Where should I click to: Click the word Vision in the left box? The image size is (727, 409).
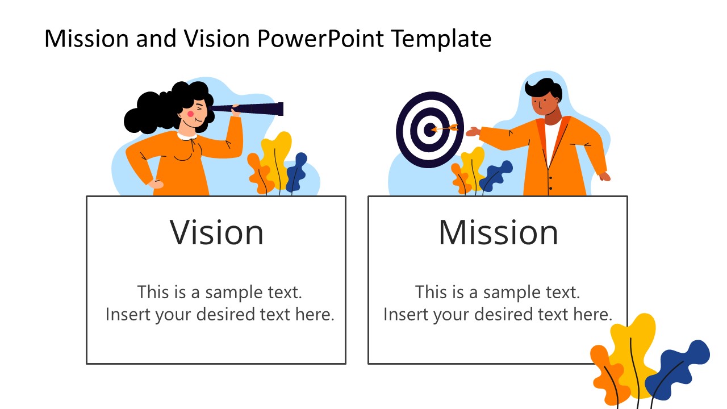point(217,232)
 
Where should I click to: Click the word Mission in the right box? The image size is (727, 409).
point(498,232)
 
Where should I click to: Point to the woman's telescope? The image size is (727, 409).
point(256,108)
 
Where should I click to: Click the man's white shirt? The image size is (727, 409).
point(551,142)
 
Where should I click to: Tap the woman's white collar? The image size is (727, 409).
point(186,136)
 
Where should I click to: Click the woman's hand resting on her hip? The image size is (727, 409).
point(154,183)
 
